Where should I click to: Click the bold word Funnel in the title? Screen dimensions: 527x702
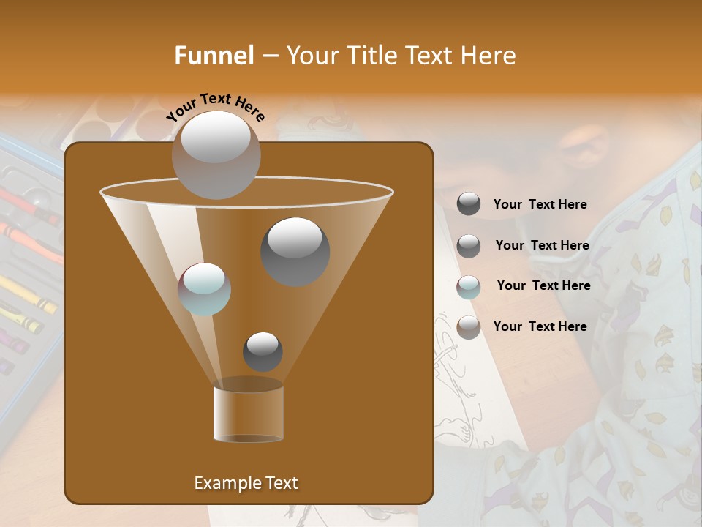pos(214,56)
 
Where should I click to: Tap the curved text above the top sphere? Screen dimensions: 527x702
pos(216,108)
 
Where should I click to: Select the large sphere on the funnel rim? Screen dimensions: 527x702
pos(216,154)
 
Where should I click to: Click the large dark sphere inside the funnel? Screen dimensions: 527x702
pos(295,251)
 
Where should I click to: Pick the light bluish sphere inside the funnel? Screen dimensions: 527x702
pos(205,288)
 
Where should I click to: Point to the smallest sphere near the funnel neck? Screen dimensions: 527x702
pos(263,351)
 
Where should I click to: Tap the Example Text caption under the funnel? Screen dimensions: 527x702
pos(246,483)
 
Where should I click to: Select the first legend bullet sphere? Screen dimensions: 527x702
pos(469,204)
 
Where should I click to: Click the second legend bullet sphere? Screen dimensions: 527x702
pos(469,246)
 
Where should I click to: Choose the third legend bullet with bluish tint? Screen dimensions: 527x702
pos(469,287)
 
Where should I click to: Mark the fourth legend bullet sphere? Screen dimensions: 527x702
pos(469,327)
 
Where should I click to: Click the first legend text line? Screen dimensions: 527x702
pos(540,205)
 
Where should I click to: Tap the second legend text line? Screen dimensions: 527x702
pos(542,245)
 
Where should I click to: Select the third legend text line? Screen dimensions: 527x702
pos(543,285)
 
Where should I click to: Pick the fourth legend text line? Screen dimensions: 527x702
pos(540,326)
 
